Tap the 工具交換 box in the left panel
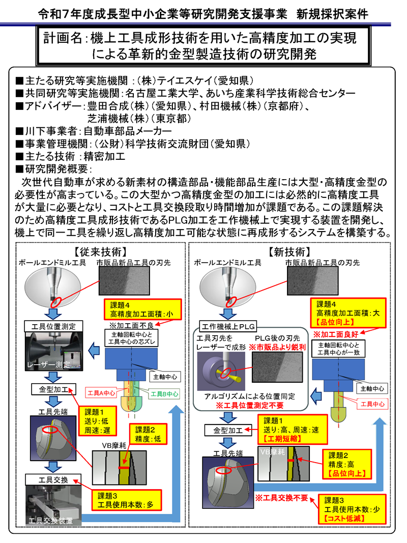coord(53,479)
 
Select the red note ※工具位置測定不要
coord(250,406)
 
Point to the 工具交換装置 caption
coord(50,520)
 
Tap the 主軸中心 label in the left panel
coord(164,377)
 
